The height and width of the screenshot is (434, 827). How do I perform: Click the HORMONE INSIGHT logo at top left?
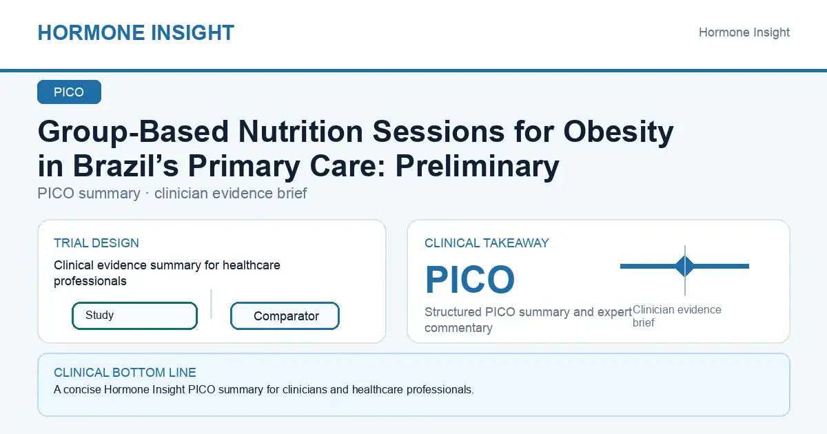pos(136,32)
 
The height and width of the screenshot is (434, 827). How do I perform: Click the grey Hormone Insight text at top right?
pos(744,32)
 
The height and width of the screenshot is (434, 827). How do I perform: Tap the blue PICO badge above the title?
pos(69,92)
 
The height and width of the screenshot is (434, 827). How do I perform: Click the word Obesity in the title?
pos(618,132)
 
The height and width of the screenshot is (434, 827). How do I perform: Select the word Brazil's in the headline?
pos(125,166)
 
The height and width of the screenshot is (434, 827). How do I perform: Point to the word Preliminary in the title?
pos(477,167)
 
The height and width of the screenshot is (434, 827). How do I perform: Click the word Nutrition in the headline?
pos(300,132)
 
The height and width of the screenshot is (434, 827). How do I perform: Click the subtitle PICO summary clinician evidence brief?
pos(172,193)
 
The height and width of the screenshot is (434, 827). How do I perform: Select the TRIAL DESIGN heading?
pos(96,242)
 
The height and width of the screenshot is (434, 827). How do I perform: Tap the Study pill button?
pos(134,316)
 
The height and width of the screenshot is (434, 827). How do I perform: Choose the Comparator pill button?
pos(285,316)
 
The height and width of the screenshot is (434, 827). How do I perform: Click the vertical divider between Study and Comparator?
pos(211,304)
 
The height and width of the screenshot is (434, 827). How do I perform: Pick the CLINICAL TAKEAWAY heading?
pos(487,242)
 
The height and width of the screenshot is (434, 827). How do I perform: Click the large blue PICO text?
pos(470,280)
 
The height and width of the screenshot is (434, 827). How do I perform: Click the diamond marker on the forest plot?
pos(685,266)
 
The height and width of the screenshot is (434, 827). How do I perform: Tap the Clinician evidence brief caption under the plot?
pos(677,316)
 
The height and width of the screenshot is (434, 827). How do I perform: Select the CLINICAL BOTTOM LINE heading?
pos(125,373)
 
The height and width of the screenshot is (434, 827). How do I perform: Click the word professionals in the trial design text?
pos(90,281)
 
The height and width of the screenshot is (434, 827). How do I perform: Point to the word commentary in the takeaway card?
pos(458,328)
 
